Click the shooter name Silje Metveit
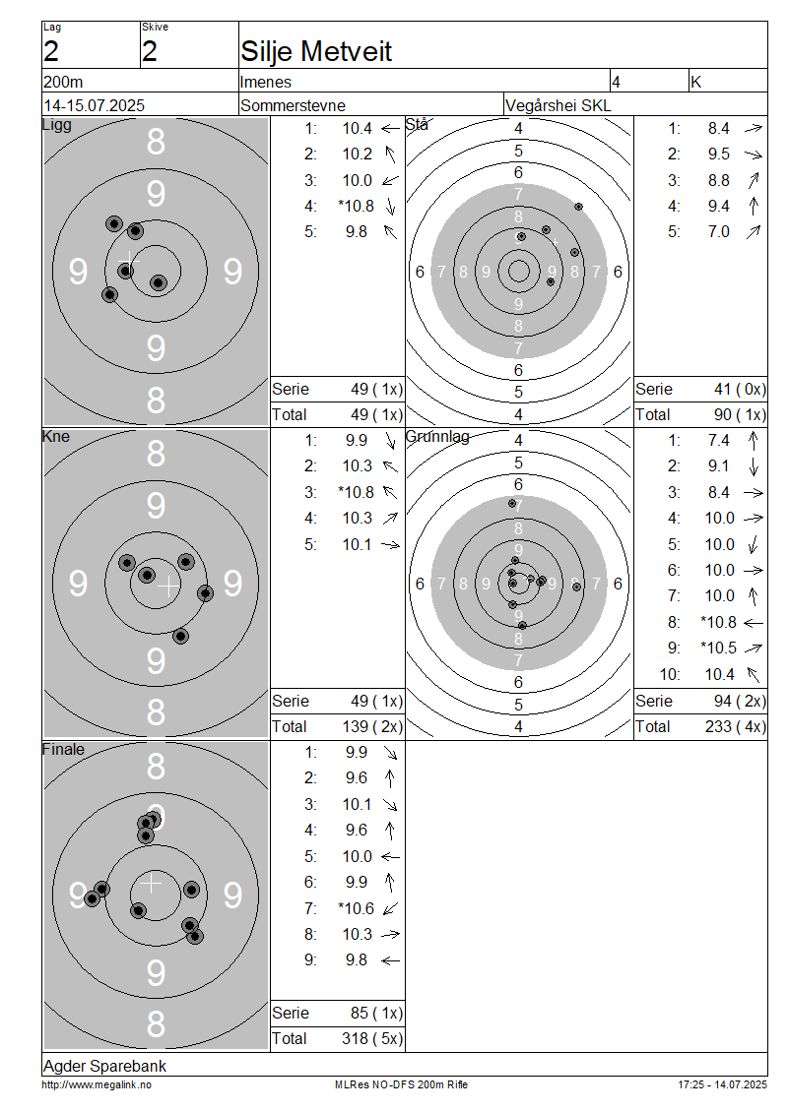(x=316, y=51)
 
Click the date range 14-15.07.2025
(x=94, y=105)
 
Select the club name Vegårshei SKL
(x=558, y=105)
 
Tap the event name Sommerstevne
(x=293, y=105)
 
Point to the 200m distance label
(x=63, y=83)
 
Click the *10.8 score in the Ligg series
(x=357, y=207)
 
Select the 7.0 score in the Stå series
(x=718, y=232)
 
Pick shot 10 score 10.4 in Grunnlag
(x=719, y=674)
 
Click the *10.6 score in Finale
(x=357, y=908)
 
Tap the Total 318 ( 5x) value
(x=372, y=1039)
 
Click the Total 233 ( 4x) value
(x=736, y=727)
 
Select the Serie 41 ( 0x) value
(x=740, y=390)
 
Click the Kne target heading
(x=56, y=436)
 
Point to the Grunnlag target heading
(x=437, y=437)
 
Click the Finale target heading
(x=63, y=749)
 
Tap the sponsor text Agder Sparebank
(x=105, y=1066)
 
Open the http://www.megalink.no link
(x=97, y=1085)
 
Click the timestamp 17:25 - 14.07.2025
(x=723, y=1085)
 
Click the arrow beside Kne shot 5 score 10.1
(x=390, y=544)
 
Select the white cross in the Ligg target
(x=128, y=261)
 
